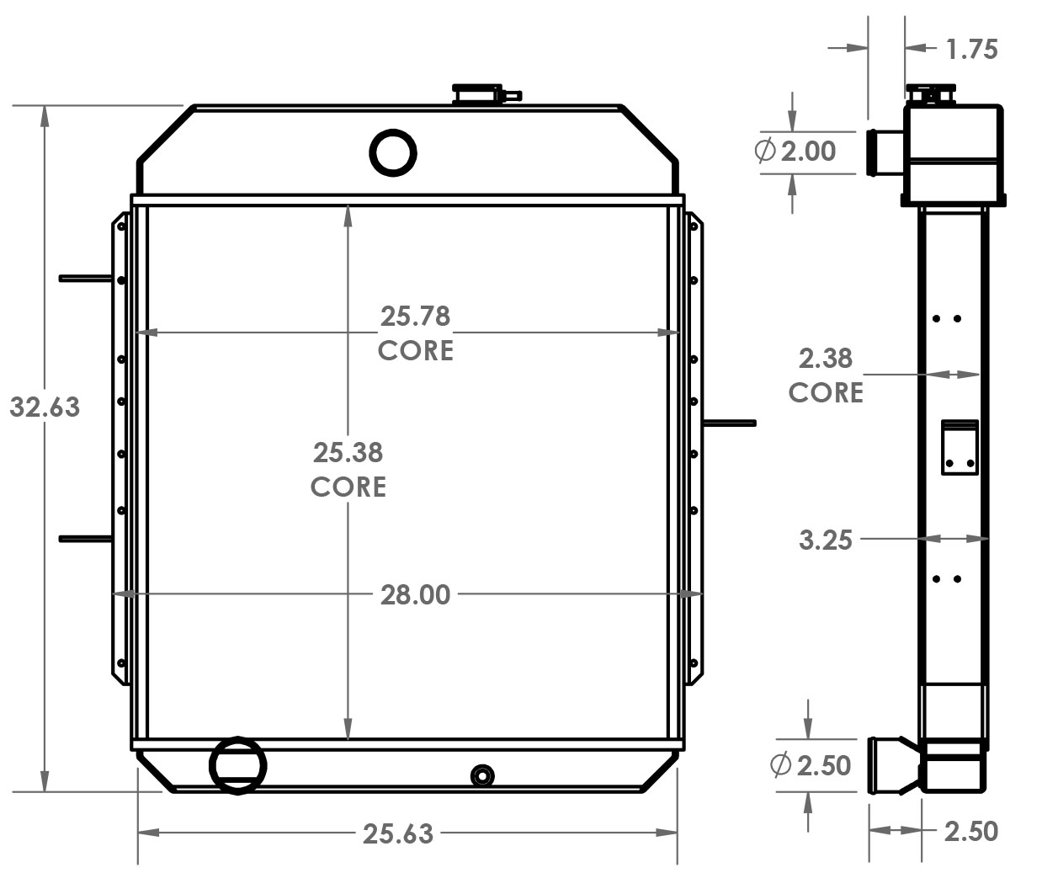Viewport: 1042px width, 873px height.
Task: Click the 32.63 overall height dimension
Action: point(45,407)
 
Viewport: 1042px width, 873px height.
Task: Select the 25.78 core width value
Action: point(415,317)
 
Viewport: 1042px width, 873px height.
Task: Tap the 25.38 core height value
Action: point(348,454)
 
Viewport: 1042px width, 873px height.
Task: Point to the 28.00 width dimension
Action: point(415,595)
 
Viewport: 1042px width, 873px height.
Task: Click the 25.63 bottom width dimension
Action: point(398,833)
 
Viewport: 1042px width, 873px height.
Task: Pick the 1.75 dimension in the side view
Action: point(971,50)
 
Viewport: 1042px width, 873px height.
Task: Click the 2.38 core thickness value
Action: point(825,359)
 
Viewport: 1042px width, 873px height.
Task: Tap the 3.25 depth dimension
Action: point(825,540)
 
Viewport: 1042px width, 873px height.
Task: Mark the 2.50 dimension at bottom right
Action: point(970,832)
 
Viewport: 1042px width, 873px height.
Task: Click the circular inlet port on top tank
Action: point(393,152)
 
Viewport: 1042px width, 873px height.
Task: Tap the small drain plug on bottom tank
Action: point(482,775)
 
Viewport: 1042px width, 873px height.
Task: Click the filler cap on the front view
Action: point(478,93)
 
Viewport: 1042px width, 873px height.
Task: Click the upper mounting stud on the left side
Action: point(84,278)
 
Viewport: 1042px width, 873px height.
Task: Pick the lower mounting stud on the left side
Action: point(84,538)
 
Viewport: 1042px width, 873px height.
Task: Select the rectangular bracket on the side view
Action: point(960,448)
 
